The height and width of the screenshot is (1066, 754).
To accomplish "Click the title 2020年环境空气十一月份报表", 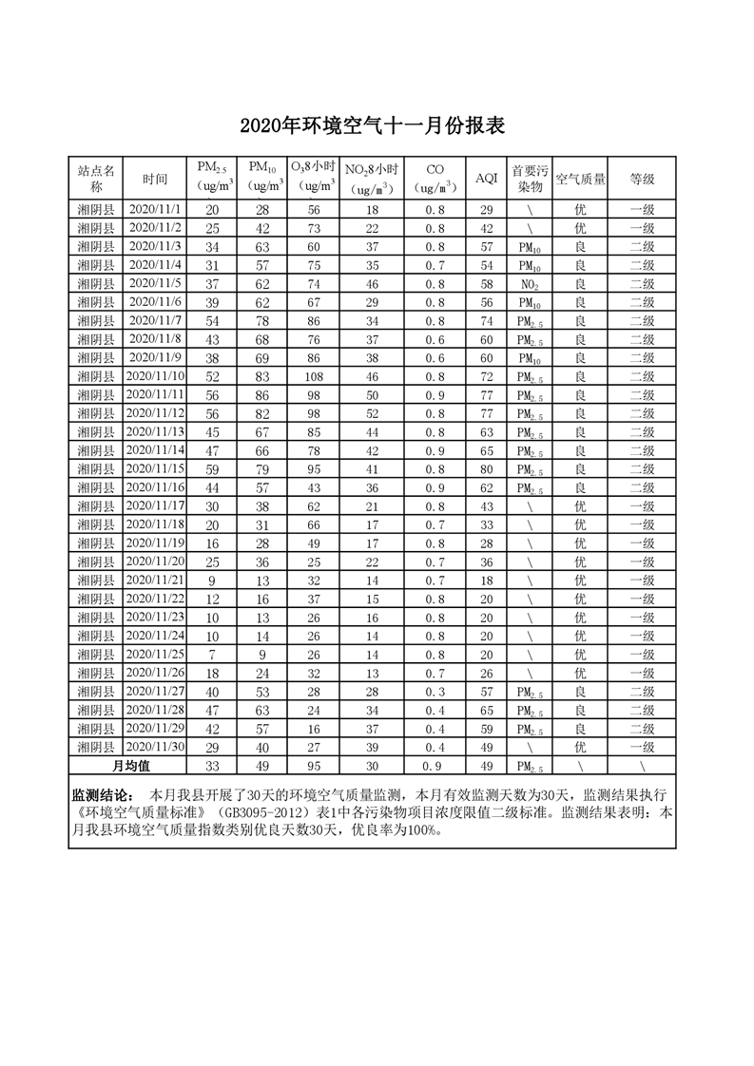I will point(377,126).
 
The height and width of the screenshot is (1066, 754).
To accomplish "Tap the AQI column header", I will point(486,179).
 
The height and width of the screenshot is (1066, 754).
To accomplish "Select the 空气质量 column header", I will point(580,179).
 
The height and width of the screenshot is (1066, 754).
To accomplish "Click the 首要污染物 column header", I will point(530,179).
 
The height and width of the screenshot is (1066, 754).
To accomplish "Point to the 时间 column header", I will point(155,179).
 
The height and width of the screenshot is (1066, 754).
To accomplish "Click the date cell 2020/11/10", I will point(155,376).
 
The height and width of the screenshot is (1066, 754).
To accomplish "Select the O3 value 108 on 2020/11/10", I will point(313,376).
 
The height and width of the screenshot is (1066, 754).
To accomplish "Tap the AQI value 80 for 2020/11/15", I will point(486,469).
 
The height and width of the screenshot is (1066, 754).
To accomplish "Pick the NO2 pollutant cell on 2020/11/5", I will point(530,284).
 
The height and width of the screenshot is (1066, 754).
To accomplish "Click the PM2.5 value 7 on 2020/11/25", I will point(212,655).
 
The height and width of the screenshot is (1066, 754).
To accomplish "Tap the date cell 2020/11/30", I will point(155,747).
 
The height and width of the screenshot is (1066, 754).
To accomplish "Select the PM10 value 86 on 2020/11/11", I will point(262,395).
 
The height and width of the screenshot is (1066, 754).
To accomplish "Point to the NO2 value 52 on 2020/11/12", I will point(372,413).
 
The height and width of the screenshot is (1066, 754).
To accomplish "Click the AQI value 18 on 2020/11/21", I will point(486,581).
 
